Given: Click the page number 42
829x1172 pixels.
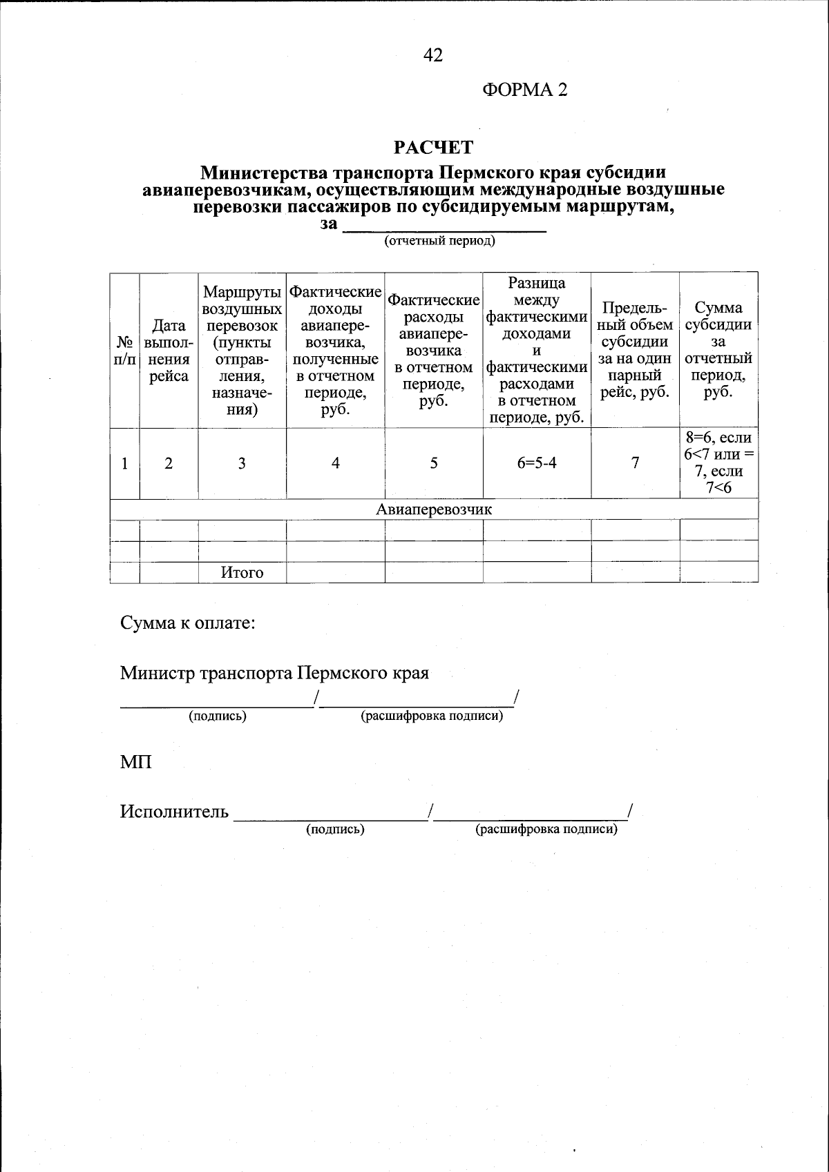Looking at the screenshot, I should pos(433,55).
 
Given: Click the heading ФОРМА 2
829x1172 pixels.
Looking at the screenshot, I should pos(524,90).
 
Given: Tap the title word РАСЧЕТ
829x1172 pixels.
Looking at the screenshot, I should pos(433,147).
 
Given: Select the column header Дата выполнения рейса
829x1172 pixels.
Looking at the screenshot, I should pos(169,351).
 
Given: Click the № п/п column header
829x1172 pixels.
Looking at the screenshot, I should pos(124,351).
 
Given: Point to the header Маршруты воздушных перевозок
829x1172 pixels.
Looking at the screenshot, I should pos(242,351).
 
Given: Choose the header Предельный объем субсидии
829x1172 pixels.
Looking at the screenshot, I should pos(635,349).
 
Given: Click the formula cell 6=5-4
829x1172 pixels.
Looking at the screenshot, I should pos(537,463).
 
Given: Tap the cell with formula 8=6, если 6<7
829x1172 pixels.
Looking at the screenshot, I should pos(718,463).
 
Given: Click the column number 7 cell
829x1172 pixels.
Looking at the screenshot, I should pos(635,463).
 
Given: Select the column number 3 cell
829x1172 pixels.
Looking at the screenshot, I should pos(242,463).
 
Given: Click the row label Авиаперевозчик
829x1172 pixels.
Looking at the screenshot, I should pos(433,509).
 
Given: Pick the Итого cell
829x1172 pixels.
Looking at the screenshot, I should pos(242,572).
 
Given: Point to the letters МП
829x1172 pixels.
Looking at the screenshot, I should pos(135,763).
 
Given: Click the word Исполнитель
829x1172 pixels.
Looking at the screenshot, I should pos(174,812).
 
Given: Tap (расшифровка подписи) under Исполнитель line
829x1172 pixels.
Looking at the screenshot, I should pos(546,829).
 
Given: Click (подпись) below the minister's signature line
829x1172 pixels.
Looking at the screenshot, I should pos(218,716).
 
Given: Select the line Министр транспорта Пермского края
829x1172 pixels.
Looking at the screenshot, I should pos(274,673).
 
